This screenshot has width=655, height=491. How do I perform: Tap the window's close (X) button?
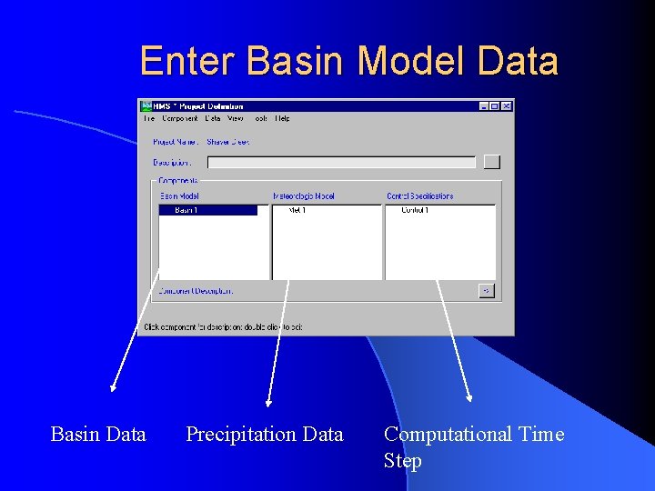(x=507, y=106)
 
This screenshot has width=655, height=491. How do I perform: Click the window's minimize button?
(x=484, y=106)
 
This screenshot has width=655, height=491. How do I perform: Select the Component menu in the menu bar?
(x=180, y=118)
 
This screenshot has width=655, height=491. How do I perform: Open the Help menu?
(x=283, y=118)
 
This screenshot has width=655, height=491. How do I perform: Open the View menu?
(x=236, y=118)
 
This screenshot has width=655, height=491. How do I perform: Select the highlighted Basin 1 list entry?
(x=207, y=210)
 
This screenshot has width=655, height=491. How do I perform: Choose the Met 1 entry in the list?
(x=297, y=210)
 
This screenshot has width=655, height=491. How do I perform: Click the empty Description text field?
(x=341, y=163)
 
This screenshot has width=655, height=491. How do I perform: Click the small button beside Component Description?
(x=487, y=291)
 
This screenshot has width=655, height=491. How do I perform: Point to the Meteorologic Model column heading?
(x=304, y=195)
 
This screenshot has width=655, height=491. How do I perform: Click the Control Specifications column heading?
(x=419, y=195)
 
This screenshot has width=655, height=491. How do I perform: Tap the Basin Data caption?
(x=98, y=435)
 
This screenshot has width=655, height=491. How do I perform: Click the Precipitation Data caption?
(x=265, y=435)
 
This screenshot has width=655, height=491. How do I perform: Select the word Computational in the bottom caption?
(x=447, y=435)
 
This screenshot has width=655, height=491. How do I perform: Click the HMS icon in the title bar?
(x=146, y=106)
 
